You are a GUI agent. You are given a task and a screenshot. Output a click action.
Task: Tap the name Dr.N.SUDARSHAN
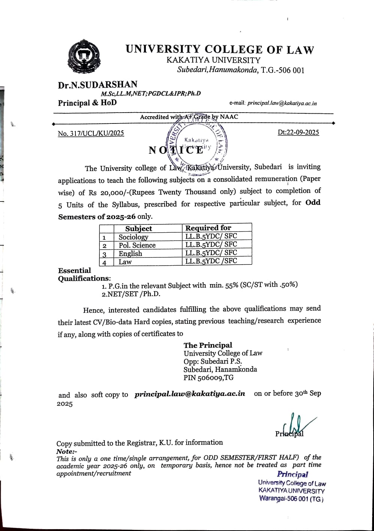[x=98, y=85]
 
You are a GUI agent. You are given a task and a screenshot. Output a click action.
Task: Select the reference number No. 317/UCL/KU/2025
[x=91, y=133]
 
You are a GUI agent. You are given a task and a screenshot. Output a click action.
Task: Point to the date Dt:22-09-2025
[x=298, y=132]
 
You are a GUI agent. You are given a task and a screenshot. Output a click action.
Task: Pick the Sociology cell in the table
[x=134, y=237]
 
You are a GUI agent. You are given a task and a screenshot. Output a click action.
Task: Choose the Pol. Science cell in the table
[x=137, y=245]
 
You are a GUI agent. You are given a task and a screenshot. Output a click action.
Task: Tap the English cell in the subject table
[x=131, y=254]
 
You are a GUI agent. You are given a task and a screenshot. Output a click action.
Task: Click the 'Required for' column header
[x=208, y=228]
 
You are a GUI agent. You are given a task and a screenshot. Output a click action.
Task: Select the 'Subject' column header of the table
[x=138, y=229]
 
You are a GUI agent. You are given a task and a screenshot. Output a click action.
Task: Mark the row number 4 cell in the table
[x=105, y=262]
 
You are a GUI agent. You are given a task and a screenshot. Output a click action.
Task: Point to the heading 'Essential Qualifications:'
[x=84, y=274]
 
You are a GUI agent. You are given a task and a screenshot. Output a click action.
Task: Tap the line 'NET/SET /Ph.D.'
[x=131, y=294]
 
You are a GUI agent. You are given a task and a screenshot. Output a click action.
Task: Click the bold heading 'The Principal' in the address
[x=208, y=345]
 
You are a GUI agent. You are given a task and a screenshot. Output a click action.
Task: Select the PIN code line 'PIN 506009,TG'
[x=209, y=378]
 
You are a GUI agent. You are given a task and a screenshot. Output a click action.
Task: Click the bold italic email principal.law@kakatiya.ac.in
[x=190, y=394]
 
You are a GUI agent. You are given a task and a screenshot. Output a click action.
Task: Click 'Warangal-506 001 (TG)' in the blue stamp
[x=291, y=499]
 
